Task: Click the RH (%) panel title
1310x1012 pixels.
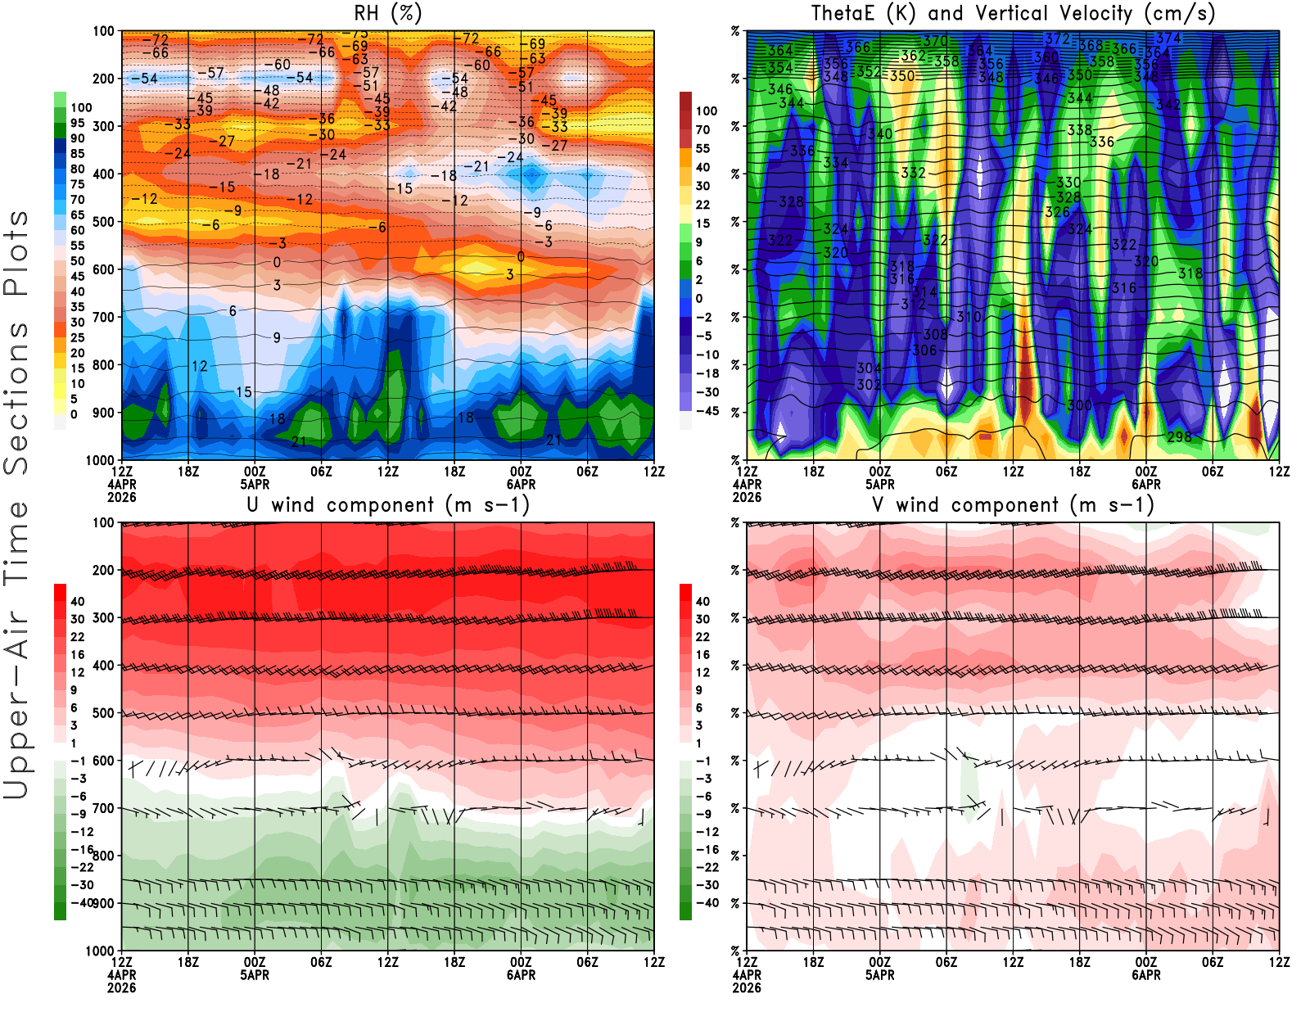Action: tap(387, 14)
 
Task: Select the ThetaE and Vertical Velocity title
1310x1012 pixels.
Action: tap(1013, 14)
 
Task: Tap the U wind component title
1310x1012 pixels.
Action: tap(388, 505)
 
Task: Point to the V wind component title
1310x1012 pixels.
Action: tap(1013, 505)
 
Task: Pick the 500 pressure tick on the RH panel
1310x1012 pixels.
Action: tap(104, 222)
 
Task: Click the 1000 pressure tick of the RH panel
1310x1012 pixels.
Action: tap(101, 460)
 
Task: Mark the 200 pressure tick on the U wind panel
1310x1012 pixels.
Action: tap(104, 570)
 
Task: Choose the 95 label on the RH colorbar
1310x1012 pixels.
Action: tap(78, 123)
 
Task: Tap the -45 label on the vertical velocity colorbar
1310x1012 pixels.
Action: tap(707, 411)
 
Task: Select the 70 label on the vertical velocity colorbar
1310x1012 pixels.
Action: tap(702, 129)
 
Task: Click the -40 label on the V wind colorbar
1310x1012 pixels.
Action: tap(707, 903)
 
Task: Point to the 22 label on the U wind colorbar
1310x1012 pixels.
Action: tap(78, 637)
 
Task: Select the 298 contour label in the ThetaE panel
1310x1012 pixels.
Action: tap(1179, 437)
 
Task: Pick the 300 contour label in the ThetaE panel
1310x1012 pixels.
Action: tap(1079, 405)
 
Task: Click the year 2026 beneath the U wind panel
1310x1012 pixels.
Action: tap(121, 987)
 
